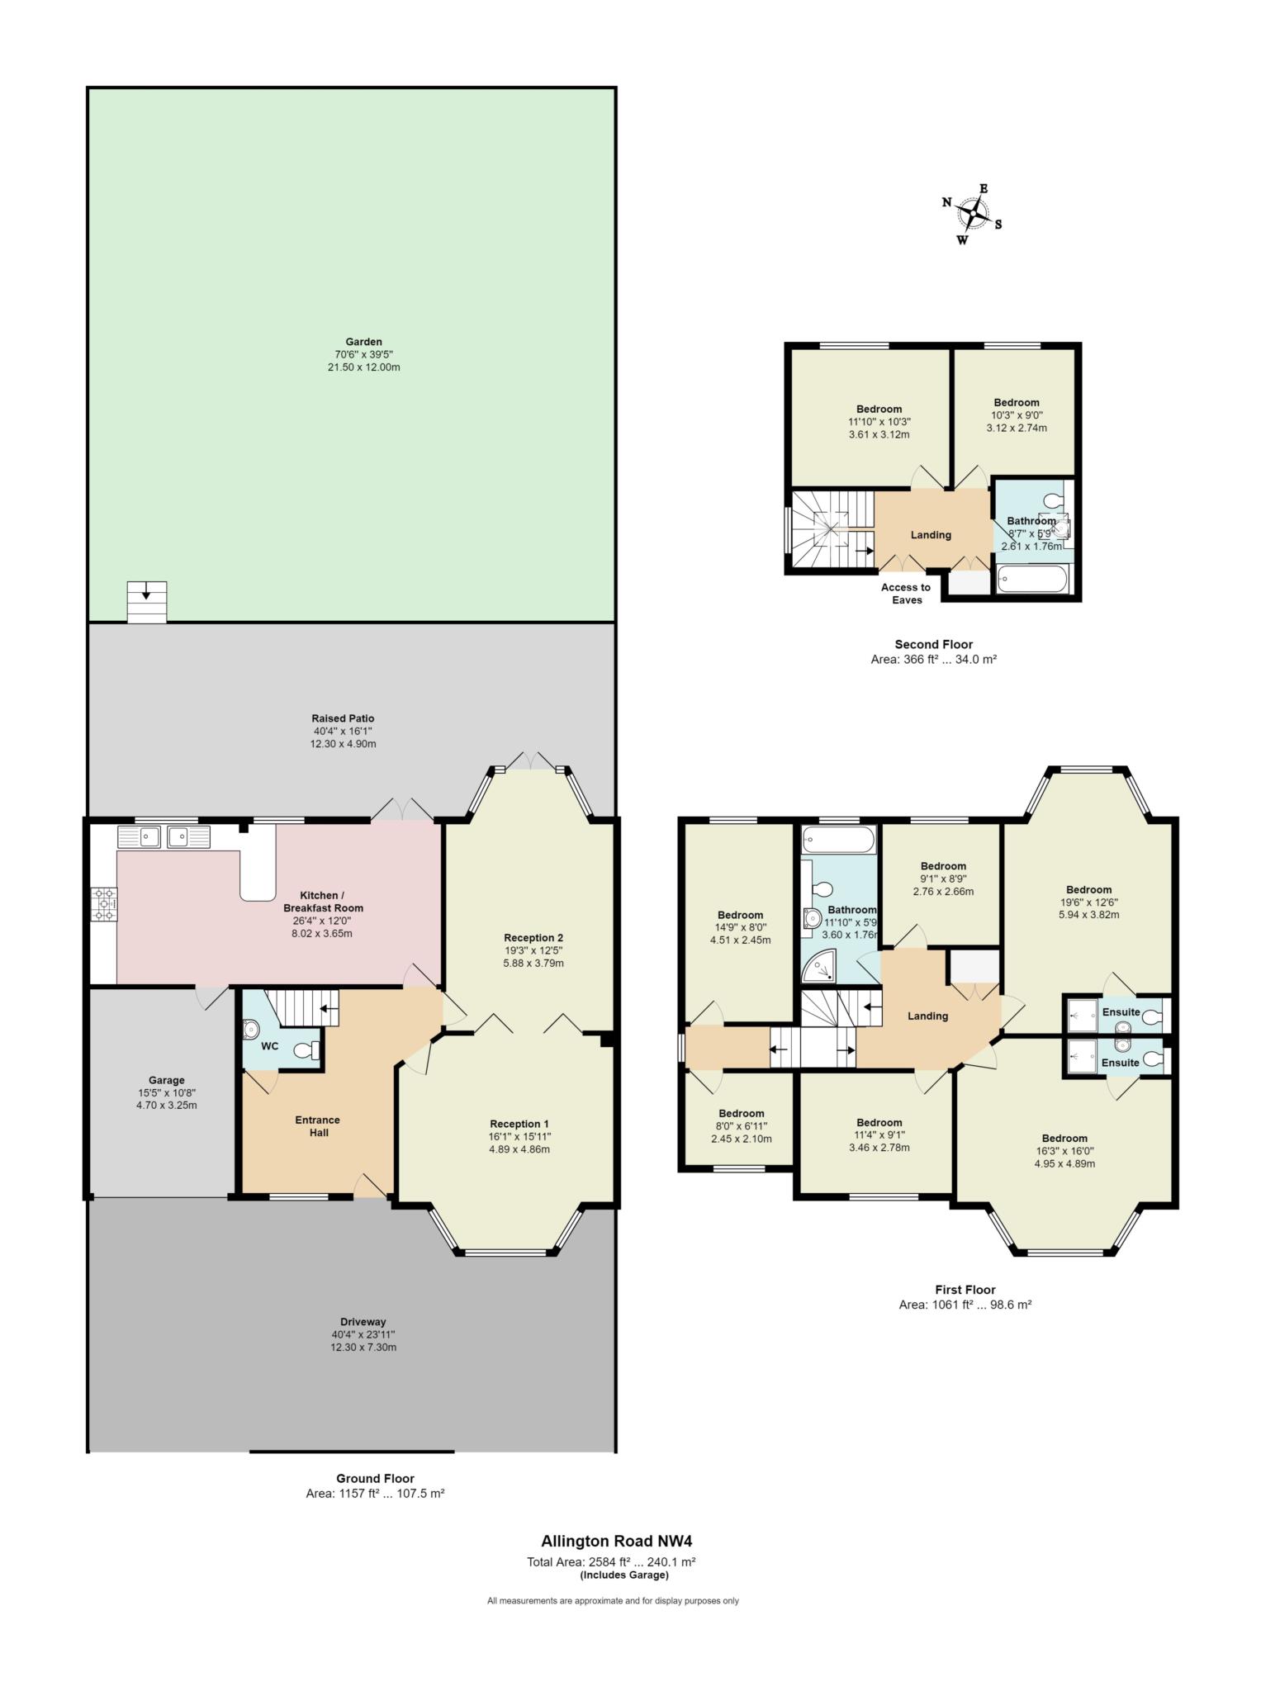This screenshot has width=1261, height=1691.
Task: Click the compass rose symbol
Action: [x=974, y=215]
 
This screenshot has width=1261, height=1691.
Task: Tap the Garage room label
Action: [x=166, y=1079]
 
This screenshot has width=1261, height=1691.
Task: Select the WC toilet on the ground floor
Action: [x=306, y=1049]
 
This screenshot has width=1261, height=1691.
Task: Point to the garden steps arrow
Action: [x=146, y=590]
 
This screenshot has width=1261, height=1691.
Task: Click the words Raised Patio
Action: [x=343, y=718]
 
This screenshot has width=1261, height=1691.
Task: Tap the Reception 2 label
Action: [x=533, y=937]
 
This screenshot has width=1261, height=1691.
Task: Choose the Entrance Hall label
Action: [x=318, y=1126]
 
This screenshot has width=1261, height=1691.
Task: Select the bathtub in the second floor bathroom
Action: [x=1034, y=580]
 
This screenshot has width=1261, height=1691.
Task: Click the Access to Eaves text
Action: [x=906, y=594]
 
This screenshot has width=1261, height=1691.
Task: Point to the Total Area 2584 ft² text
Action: [x=611, y=1561]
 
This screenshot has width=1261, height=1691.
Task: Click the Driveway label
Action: [x=363, y=1321]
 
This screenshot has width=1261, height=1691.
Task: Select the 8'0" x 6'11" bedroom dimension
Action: [x=741, y=1125]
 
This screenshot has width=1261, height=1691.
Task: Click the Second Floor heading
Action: [x=934, y=644]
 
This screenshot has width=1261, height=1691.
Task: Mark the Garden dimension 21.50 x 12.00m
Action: [x=364, y=367]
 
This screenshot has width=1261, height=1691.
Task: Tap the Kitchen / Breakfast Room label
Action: [x=319, y=902]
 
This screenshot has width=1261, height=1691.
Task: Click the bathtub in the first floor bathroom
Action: [x=838, y=841]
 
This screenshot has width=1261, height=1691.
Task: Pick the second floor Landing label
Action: [x=931, y=534]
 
